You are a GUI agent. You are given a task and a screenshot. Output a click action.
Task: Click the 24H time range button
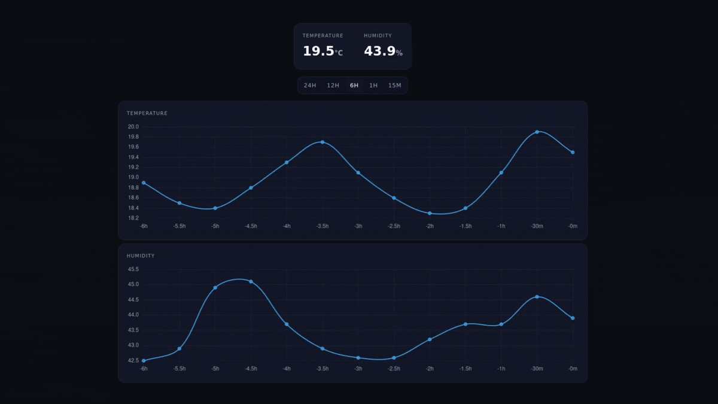309,86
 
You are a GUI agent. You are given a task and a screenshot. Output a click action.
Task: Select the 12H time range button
333,86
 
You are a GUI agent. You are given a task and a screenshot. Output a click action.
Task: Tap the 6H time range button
354,86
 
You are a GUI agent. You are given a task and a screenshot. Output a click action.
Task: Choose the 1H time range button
373,86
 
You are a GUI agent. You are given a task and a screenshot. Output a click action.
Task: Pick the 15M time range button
395,86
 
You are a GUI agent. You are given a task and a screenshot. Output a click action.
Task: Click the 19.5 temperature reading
318,51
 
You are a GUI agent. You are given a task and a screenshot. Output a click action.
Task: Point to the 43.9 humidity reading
380,51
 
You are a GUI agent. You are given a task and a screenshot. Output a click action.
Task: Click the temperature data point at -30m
537,132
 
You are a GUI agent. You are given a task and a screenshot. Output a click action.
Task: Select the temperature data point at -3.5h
323,142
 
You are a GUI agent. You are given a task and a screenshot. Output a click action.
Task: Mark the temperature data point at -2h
430,213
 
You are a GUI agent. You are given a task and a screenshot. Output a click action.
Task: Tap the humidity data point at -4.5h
251,281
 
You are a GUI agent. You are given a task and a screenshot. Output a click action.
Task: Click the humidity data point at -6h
144,360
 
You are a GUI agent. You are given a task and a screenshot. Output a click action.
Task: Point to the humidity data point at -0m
573,318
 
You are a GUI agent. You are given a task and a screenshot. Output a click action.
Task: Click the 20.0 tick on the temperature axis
133,127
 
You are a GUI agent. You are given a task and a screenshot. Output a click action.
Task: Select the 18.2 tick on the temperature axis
133,218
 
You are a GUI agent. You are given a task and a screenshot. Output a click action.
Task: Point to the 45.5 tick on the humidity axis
133,269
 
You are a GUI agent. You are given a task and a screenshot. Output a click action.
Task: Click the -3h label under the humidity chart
358,369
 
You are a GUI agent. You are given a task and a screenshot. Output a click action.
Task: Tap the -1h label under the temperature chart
501,226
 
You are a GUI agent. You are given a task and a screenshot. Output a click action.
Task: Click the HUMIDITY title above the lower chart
141,256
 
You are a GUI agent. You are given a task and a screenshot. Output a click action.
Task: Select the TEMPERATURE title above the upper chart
147,113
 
